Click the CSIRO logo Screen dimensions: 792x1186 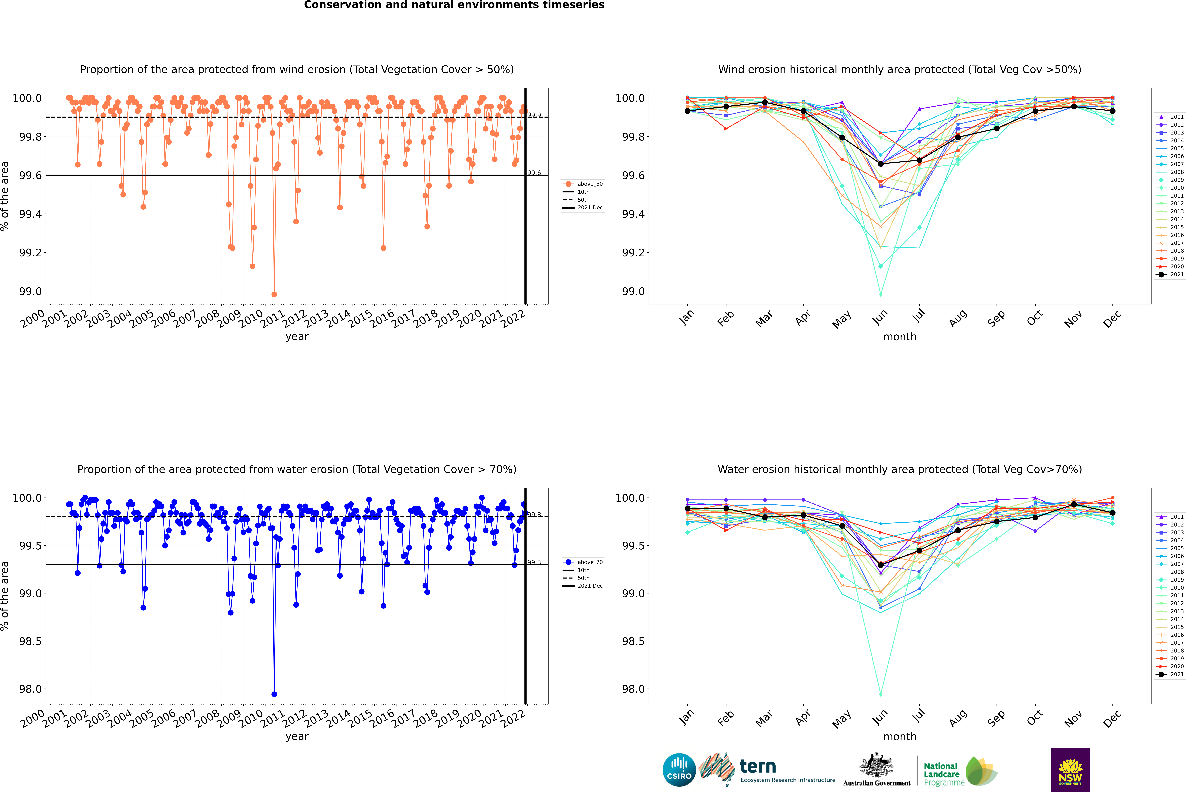[679, 770]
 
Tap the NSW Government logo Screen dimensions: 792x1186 [1070, 770]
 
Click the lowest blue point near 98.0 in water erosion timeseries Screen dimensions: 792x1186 [274, 694]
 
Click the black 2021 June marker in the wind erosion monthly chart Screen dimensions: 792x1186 [881, 164]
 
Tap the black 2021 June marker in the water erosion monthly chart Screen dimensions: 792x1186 [881, 565]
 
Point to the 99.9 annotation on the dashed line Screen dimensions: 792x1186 [534, 115]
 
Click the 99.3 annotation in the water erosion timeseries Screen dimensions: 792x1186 [534, 562]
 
